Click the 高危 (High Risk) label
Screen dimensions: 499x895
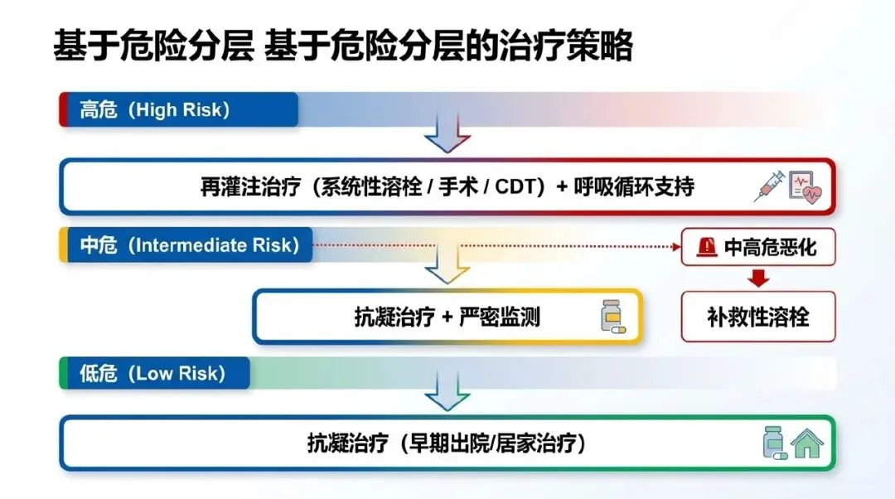pos(155,109)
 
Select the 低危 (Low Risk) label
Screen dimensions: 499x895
pos(152,373)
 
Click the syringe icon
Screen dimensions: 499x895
pos(768,187)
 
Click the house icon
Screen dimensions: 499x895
pos(807,443)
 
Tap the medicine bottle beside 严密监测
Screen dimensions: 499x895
pos(612,317)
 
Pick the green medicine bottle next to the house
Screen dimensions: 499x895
pos(774,443)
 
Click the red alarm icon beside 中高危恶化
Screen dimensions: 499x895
pos(707,246)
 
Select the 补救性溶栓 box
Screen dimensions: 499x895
pos(757,317)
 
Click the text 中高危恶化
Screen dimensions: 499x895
pos(770,247)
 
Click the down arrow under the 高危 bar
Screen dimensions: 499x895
pos(447,133)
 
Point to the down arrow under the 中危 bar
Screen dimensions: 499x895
pos(447,268)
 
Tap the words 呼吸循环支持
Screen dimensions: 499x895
pos(633,187)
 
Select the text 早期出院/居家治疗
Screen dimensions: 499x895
pos(494,444)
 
